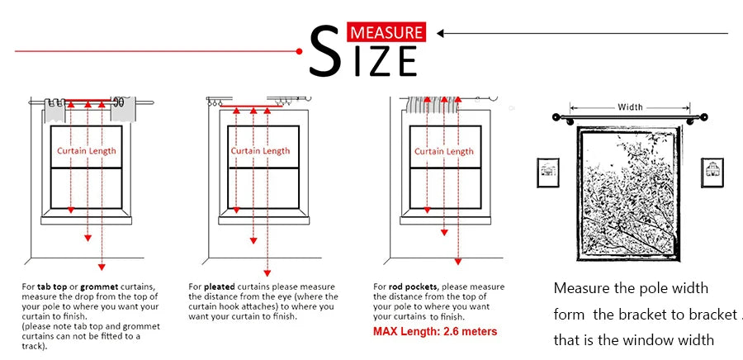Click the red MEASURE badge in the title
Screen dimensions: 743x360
tap(386, 31)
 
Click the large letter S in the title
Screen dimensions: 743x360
tap(325, 51)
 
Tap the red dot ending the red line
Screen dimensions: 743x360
tap(299, 51)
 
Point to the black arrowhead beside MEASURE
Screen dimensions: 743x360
tap(440, 33)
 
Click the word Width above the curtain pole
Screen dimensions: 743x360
tap(630, 107)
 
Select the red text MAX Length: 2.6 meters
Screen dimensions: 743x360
tap(435, 331)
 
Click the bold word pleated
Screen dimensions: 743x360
tap(220, 287)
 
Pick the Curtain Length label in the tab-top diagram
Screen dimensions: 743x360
tap(86, 150)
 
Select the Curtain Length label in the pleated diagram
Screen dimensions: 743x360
tap(260, 150)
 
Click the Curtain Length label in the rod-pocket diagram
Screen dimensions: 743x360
tap(444, 151)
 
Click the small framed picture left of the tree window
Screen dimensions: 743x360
tap(548, 173)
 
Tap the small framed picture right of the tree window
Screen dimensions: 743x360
tap(712, 173)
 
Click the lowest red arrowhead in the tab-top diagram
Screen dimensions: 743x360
tap(102, 268)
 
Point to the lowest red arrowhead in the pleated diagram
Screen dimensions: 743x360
tap(267, 273)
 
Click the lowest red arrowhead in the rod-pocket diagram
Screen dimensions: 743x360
tap(457, 262)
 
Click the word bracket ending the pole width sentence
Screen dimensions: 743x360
tap(710, 315)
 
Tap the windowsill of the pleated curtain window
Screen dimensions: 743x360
tap(264, 220)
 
